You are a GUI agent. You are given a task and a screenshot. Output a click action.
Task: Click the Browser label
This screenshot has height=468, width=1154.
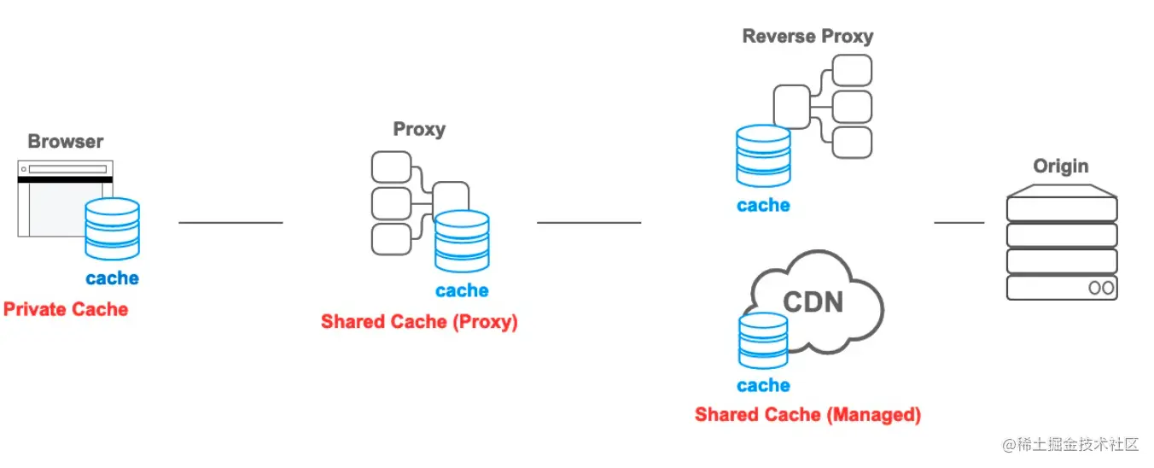[66, 142]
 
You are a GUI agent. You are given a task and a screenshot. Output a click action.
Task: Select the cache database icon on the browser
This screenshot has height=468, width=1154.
[112, 229]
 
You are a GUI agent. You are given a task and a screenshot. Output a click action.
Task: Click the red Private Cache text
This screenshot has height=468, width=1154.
[66, 309]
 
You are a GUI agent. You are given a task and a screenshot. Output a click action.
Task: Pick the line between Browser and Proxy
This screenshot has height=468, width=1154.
[230, 223]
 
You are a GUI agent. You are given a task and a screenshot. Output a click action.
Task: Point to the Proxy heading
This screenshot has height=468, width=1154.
[419, 130]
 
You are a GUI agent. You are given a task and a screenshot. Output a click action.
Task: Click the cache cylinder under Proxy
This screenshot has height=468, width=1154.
[462, 242]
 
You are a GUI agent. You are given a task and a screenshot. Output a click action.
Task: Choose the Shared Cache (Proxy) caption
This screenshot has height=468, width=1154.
[419, 322]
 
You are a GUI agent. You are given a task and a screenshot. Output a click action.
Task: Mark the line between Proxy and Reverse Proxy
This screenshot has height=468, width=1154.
[589, 223]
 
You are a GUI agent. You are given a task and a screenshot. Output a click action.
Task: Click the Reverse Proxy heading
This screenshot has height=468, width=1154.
[807, 36]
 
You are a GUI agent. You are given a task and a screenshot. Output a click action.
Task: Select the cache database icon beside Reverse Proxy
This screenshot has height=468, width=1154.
[763, 155]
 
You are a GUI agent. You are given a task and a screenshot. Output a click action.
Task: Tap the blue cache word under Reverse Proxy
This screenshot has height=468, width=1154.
[763, 206]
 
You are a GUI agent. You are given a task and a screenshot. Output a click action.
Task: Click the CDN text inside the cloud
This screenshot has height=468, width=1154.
[813, 301]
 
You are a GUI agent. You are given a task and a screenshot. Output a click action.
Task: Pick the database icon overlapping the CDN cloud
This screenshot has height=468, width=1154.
[763, 340]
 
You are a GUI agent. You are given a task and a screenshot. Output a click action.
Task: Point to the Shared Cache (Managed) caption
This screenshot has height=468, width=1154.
[807, 415]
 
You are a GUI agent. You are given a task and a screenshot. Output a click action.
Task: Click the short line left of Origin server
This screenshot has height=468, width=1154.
[959, 223]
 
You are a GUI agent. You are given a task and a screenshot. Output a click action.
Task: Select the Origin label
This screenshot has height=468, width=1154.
[1061, 167]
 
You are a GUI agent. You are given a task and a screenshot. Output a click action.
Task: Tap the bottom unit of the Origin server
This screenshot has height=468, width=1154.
[1062, 287]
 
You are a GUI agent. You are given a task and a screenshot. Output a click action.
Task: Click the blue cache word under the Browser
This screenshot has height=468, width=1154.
[112, 278]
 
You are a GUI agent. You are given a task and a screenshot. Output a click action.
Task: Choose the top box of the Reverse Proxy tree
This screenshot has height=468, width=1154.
[852, 70]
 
